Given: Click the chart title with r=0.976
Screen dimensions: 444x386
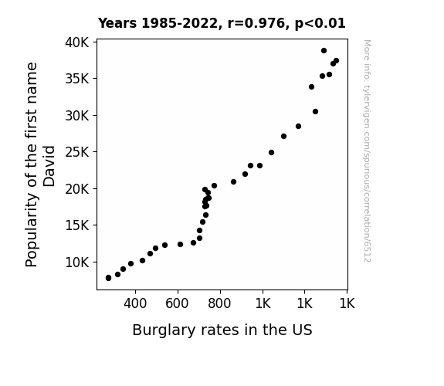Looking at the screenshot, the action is (222, 23).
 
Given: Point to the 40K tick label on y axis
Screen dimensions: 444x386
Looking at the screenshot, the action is (77, 42).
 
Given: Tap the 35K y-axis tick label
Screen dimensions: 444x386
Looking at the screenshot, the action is (77, 79).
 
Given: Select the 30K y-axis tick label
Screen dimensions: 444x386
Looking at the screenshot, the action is (77, 116).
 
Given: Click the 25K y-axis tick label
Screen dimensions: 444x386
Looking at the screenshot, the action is (77, 152).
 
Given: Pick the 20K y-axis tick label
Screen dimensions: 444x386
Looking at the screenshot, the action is (77, 189).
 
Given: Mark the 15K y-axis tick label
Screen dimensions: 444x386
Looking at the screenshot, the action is (77, 225).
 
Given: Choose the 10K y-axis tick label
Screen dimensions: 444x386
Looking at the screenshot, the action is (77, 262).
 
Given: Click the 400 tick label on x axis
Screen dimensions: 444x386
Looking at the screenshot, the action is (135, 304).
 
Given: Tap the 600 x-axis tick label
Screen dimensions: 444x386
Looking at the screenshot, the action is (177, 304).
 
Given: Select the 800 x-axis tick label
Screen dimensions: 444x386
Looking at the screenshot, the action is (219, 304).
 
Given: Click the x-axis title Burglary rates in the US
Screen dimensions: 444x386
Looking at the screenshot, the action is (222, 330).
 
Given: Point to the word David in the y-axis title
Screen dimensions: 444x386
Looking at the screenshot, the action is (49, 166).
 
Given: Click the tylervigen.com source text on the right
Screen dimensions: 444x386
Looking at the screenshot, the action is (367, 151).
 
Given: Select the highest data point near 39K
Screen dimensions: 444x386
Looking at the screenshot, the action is (324, 51).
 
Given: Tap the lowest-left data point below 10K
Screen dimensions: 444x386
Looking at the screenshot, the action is (108, 278).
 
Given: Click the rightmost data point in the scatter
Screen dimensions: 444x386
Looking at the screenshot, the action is (336, 61).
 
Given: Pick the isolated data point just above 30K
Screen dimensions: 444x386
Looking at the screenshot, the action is (316, 112).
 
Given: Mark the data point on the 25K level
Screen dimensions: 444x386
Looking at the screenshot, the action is (271, 153).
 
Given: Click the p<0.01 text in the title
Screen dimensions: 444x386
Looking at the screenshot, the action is (320, 23).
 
